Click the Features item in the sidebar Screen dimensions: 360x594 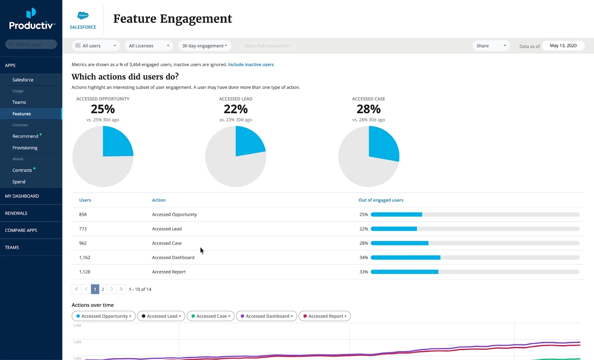pyautogui.click(x=22, y=114)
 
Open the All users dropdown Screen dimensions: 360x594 pyautogui.click(x=96, y=46)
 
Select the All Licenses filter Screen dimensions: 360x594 pyautogui.click(x=149, y=46)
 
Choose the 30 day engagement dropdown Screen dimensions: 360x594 pyautogui.click(x=205, y=46)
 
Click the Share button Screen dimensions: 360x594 pyautogui.click(x=491, y=46)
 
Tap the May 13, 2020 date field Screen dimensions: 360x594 pyautogui.click(x=563, y=46)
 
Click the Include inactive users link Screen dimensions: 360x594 pyautogui.click(x=251, y=65)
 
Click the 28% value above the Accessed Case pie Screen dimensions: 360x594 pyautogui.click(x=368, y=109)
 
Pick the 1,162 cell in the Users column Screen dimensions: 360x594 pyautogui.click(x=85, y=258)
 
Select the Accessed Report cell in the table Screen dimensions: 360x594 pyautogui.click(x=169, y=272)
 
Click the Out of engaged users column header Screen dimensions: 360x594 pyautogui.click(x=381, y=200)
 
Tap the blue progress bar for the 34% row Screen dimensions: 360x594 pyautogui.click(x=405, y=258)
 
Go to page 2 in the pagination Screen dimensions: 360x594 pyautogui.click(x=103, y=289)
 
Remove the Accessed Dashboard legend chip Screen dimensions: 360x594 pyautogui.click(x=292, y=316)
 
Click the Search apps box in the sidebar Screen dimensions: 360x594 pyautogui.click(x=31, y=45)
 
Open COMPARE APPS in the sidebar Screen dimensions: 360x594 pyautogui.click(x=21, y=230)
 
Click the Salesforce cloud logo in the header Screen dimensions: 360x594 pyautogui.click(x=83, y=15)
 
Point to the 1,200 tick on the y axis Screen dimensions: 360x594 pyautogui.click(x=77, y=342)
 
